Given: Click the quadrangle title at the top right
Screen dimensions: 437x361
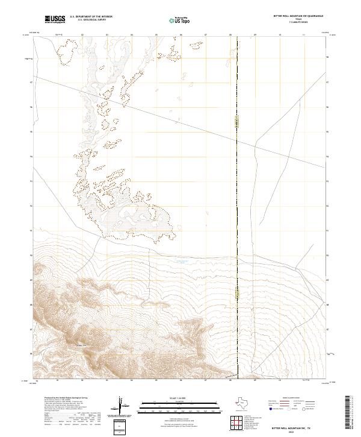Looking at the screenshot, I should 298,16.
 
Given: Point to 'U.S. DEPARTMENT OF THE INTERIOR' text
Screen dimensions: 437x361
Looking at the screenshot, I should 91,17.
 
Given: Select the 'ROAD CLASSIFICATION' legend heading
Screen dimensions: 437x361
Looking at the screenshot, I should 291,399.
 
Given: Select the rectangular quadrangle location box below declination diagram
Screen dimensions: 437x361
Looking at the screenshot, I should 120,426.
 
